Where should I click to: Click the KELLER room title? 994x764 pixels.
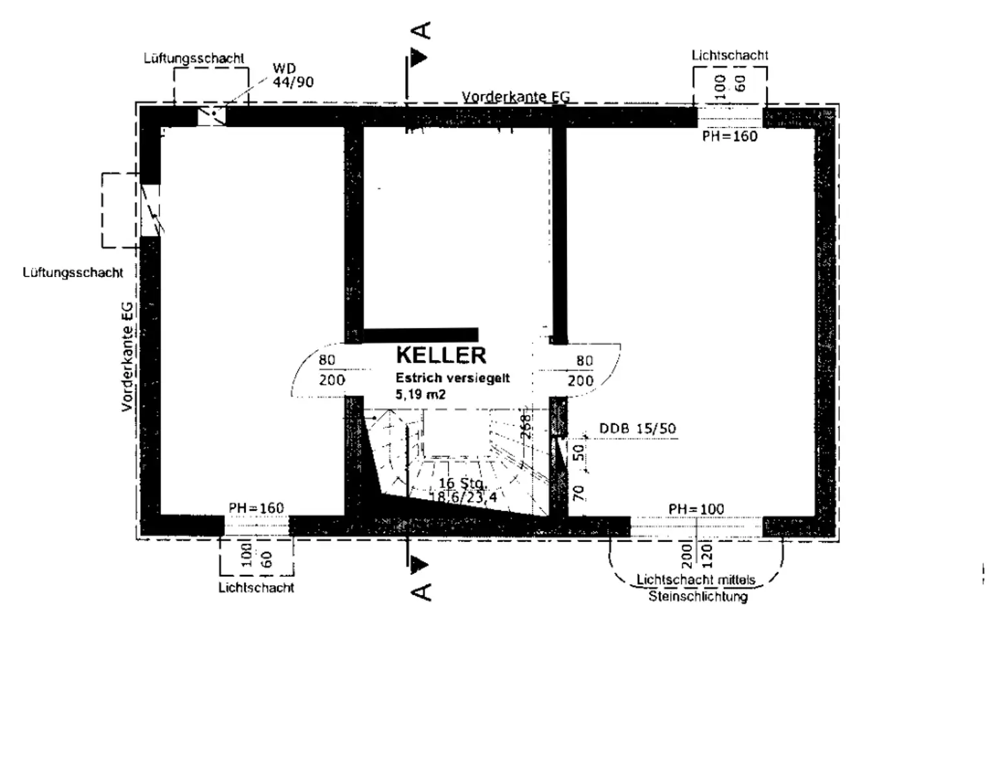[441, 355]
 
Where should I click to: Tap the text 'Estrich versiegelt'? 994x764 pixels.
[452, 378]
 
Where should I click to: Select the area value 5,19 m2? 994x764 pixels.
[421, 394]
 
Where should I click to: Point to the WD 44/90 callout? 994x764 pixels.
[292, 75]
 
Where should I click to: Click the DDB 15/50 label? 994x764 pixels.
[637, 429]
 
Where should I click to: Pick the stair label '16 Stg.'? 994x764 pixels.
[462, 483]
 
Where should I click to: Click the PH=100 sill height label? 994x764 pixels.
[696, 509]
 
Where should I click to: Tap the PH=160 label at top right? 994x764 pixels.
[729, 137]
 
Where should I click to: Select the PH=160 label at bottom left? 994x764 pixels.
[256, 508]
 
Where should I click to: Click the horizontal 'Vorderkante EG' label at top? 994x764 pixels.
[516, 97]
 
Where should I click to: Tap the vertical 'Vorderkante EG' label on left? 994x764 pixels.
[127, 357]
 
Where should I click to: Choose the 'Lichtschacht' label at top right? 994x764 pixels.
[729, 55]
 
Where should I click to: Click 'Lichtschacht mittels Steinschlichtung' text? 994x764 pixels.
[697, 588]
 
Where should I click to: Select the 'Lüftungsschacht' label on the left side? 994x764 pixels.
[72, 273]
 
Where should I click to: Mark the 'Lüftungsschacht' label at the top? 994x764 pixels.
[193, 58]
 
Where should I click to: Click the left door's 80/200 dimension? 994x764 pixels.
[330, 370]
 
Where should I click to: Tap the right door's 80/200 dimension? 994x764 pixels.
[582, 370]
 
